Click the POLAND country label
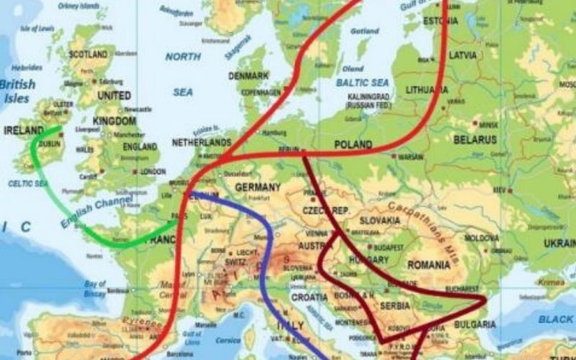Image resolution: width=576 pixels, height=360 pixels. [x=354, y=145]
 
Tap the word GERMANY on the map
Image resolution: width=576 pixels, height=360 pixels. [x=257, y=188]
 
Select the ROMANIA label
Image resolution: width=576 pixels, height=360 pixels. [x=428, y=265]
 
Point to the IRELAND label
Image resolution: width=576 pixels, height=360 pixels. [x=24, y=131]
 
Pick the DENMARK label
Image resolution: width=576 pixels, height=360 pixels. [x=248, y=76]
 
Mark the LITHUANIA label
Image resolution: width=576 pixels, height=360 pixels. [x=427, y=90]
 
